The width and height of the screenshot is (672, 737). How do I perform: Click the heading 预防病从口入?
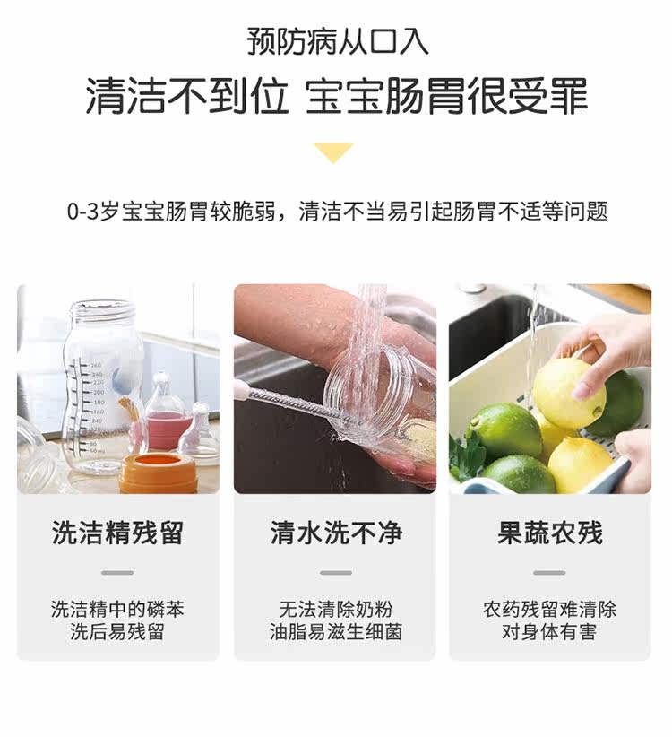pyautogui.click(x=337, y=42)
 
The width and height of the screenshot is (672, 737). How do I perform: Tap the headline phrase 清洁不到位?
pyautogui.click(x=187, y=96)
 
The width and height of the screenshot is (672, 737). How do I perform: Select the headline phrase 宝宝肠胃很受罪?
pyautogui.click(x=446, y=96)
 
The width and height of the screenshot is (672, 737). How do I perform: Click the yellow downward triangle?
pyautogui.click(x=333, y=152)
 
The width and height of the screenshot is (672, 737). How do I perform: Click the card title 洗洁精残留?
pyautogui.click(x=117, y=533)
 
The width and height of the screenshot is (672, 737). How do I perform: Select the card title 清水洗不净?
pyautogui.click(x=336, y=533)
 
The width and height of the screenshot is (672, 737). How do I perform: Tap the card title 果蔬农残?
pyautogui.click(x=550, y=533)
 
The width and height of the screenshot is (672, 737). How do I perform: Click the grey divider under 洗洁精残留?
pyautogui.click(x=117, y=573)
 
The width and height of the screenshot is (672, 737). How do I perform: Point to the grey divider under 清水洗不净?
pyautogui.click(x=336, y=573)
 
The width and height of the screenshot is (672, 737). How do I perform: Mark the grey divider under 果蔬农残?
pyautogui.click(x=549, y=573)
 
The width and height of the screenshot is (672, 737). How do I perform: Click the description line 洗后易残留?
pyautogui.click(x=117, y=632)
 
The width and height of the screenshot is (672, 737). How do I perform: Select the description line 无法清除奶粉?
pyautogui.click(x=336, y=610)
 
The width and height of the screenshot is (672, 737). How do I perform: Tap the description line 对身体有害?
pyautogui.click(x=549, y=632)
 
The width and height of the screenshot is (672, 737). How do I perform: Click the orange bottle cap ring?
pyautogui.click(x=158, y=473)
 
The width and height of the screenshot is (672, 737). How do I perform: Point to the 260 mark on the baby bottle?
pyautogui.click(x=95, y=365)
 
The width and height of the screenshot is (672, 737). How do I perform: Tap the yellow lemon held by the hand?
pyautogui.click(x=568, y=393)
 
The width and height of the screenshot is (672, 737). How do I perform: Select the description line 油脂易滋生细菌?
pyautogui.click(x=336, y=632)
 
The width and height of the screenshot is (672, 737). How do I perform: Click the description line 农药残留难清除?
pyautogui.click(x=549, y=610)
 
